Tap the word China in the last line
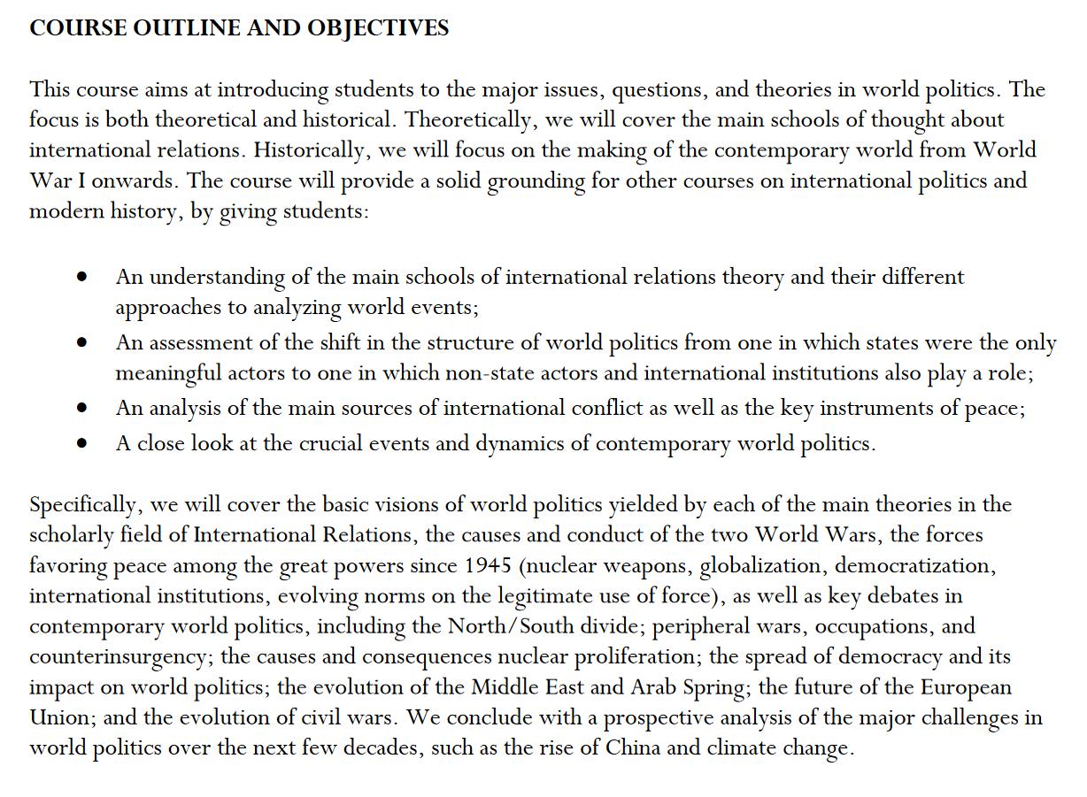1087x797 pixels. coord(633,747)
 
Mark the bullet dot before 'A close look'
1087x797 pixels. coord(82,443)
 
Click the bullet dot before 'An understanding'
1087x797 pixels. coord(82,277)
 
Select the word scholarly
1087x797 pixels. coord(71,535)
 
